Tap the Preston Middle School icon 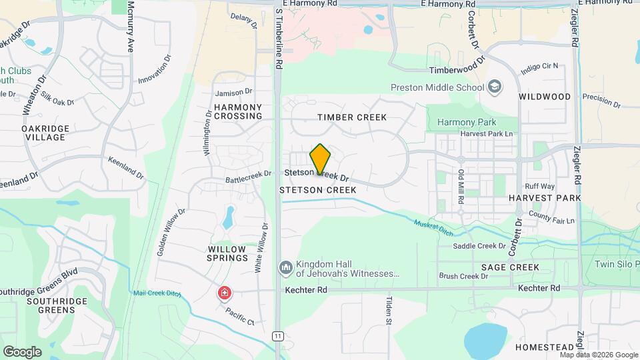tap(495, 87)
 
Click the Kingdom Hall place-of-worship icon tap(285, 268)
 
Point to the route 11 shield tap(277, 336)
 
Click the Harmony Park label tap(467, 122)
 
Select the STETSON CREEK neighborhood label tap(318, 190)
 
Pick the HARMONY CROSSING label tap(238, 111)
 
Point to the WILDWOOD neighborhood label tap(545, 97)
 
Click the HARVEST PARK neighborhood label tap(541, 198)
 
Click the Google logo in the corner tap(22, 351)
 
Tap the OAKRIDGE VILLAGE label tap(43, 133)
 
